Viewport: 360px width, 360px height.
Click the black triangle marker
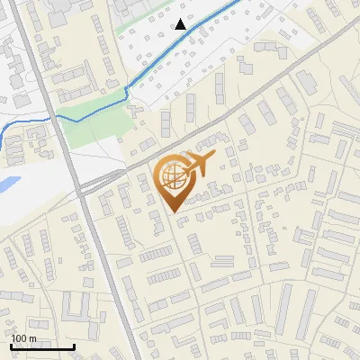[x=181, y=24]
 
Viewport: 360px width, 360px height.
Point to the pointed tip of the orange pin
[x=172, y=211]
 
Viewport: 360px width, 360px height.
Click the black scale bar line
[x=41, y=346]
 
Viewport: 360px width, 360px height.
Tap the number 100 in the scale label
[x=20, y=338]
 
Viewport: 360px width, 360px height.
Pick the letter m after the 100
[x=33, y=339]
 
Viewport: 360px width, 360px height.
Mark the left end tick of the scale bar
[x=10, y=345]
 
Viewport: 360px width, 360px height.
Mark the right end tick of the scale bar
[x=74, y=345]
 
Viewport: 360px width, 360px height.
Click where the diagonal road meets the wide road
[x=83, y=187]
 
